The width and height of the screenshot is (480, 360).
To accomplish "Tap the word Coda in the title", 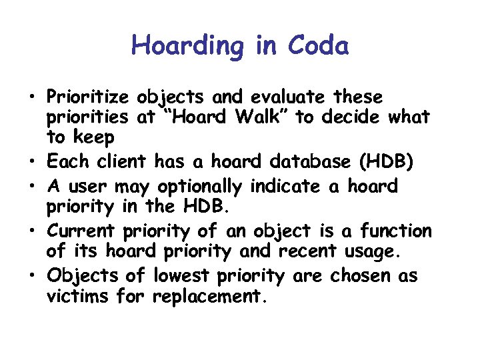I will coord(318,47).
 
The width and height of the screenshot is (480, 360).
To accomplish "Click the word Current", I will coord(82,231).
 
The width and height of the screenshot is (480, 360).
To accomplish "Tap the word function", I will coord(396,231).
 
